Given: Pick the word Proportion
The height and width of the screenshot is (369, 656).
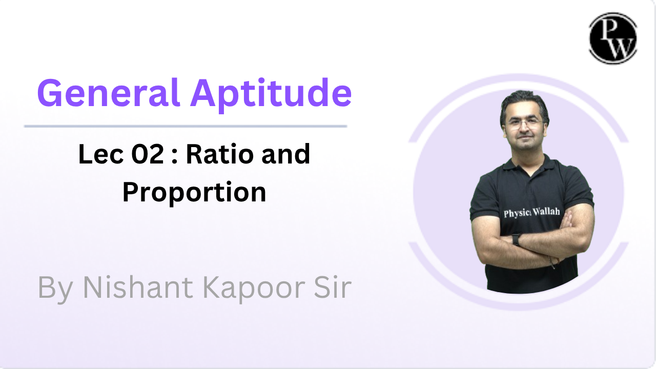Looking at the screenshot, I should pyautogui.click(x=194, y=193).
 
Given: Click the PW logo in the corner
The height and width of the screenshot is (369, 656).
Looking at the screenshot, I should pyautogui.click(x=612, y=38).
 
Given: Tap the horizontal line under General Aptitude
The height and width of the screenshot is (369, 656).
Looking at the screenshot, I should pyautogui.click(x=185, y=126).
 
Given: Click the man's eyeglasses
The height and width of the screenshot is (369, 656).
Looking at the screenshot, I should pyautogui.click(x=523, y=124).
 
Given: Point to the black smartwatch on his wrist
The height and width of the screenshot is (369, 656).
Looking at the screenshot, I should pyautogui.click(x=516, y=239).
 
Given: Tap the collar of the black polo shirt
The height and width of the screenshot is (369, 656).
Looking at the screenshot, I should pyautogui.click(x=524, y=165).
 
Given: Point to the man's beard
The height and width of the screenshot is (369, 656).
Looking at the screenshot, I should pyautogui.click(x=524, y=145).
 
